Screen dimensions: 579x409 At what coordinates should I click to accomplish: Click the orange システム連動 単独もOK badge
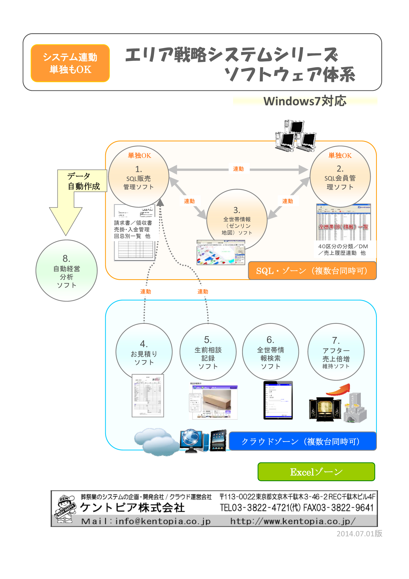click(70, 63)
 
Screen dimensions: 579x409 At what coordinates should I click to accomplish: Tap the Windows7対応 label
click(305, 101)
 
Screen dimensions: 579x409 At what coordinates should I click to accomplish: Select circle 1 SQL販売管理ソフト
click(138, 176)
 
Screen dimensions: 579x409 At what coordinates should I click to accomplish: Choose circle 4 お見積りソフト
click(144, 352)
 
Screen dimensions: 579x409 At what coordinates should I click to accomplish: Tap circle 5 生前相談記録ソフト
click(208, 352)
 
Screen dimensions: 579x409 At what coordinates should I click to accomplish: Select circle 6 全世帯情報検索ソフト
click(270, 352)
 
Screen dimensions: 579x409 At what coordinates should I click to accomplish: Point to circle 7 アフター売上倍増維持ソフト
click(336, 352)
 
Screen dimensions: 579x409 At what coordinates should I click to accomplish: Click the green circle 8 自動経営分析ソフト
click(67, 271)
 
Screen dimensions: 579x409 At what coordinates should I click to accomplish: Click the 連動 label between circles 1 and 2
click(238, 169)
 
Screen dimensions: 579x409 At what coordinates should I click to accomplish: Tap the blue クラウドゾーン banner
click(302, 441)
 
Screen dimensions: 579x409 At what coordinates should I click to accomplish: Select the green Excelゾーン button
click(316, 472)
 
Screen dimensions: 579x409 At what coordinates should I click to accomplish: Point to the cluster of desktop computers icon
click(295, 136)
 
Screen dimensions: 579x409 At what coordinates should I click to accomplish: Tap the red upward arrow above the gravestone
click(339, 390)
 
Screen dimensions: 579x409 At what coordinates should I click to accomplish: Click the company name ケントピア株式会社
click(132, 508)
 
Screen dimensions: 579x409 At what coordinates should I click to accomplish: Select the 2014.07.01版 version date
click(359, 534)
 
